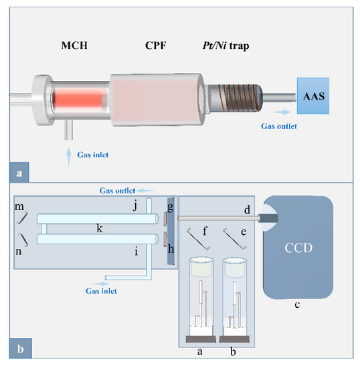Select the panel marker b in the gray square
19,349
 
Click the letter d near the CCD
247,210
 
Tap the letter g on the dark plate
171,207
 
